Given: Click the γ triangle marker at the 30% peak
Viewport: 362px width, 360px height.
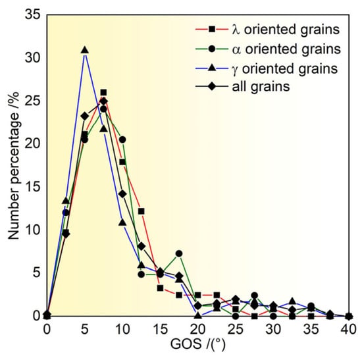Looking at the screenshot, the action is [85, 50].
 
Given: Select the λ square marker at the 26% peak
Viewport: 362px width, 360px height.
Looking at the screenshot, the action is [103, 93].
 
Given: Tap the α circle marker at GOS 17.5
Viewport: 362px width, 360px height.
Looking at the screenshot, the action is [179, 253].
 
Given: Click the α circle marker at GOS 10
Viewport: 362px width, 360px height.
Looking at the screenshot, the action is [122, 140].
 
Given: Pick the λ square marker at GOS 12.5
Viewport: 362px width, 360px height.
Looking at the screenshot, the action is [142, 211].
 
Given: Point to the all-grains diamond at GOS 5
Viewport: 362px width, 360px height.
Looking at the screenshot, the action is [85, 116].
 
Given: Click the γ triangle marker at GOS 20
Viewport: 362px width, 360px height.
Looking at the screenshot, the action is [198, 315].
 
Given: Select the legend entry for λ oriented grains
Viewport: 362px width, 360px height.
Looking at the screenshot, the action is [267, 30].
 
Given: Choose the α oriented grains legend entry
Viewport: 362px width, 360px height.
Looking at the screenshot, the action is [268, 49].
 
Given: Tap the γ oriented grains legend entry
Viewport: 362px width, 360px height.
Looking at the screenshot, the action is [267, 68].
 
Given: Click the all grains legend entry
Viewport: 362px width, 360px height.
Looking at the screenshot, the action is [242, 87].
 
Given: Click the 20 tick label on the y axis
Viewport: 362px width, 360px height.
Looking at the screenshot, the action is [32, 143].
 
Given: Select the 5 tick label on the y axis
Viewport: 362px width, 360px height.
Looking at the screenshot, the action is [36, 272].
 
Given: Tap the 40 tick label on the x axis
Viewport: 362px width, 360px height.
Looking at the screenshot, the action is [349, 329].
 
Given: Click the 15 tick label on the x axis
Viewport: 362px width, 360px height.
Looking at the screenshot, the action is [160, 329].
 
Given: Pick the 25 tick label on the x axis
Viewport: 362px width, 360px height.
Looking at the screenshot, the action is [236, 329].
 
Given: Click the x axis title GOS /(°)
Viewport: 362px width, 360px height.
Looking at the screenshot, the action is [198, 344].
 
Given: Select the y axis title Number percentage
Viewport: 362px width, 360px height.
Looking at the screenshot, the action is [13, 166].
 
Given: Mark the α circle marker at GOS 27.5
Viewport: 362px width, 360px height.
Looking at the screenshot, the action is [255, 296].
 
